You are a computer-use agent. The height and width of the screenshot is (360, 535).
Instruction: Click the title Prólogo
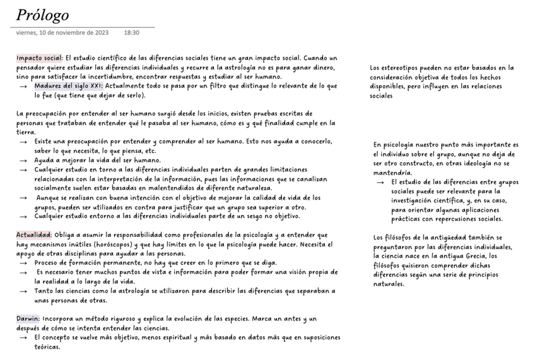(x=42, y=15)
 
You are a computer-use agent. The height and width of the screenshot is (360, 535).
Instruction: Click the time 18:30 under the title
(x=132, y=33)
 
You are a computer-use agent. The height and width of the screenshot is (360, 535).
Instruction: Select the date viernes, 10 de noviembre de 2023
(x=62, y=33)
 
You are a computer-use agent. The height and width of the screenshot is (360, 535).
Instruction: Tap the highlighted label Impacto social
(x=39, y=57)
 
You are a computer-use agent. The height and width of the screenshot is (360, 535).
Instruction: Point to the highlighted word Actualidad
(x=33, y=235)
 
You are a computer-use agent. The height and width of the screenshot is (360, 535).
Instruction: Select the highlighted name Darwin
(x=28, y=319)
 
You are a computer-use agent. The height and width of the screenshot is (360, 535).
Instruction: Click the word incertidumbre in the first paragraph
(x=119, y=76)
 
